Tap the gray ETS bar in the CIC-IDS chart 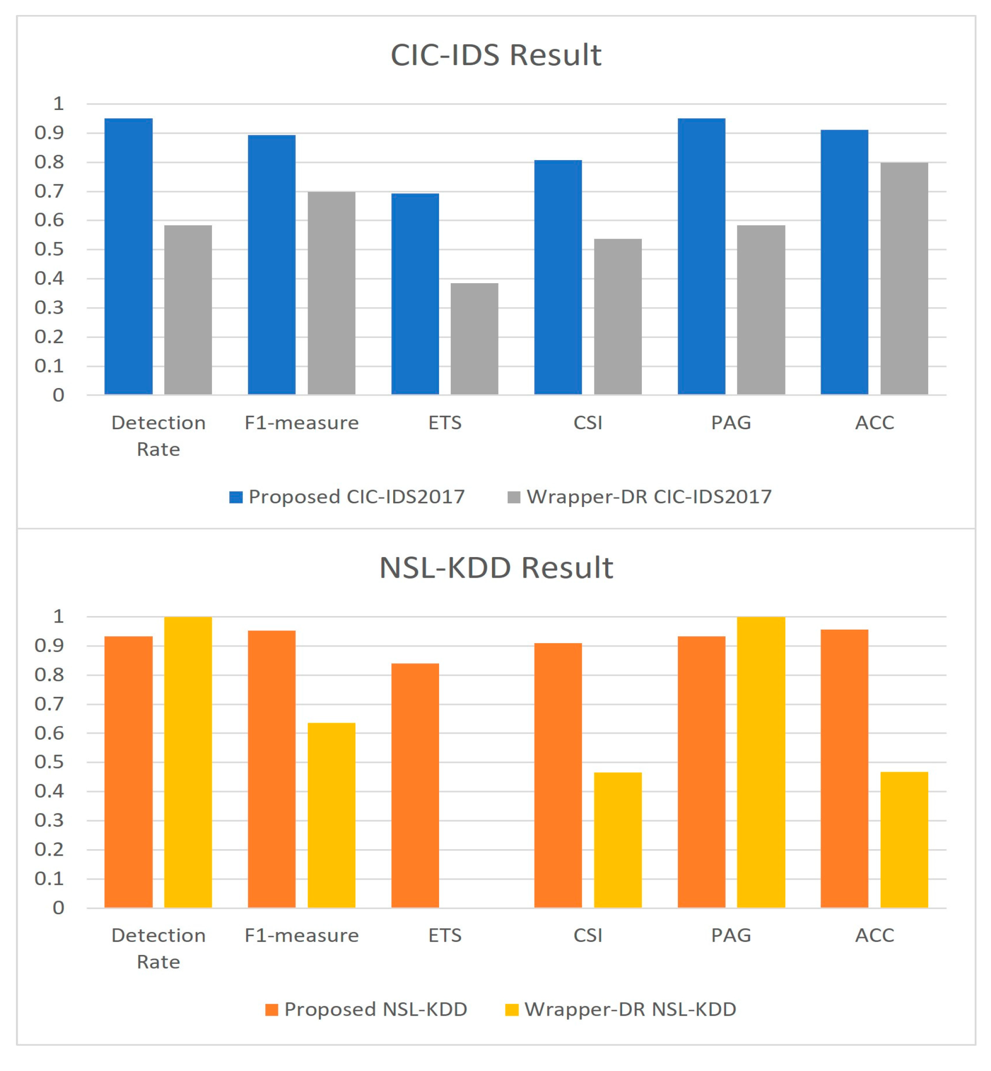pos(474,339)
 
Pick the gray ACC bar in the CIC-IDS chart pos(903,279)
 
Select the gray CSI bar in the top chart pos(617,316)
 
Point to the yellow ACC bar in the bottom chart pos(903,839)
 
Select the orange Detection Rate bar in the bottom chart pos(128,772)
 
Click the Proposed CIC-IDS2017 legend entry pos(347,497)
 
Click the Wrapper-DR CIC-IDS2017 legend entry pos(639,497)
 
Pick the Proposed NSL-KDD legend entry pos(366,1009)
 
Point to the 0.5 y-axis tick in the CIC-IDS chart pos(49,249)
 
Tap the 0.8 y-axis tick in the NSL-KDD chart pos(49,675)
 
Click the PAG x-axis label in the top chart pos(730,423)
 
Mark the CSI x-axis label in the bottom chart pos(588,935)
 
